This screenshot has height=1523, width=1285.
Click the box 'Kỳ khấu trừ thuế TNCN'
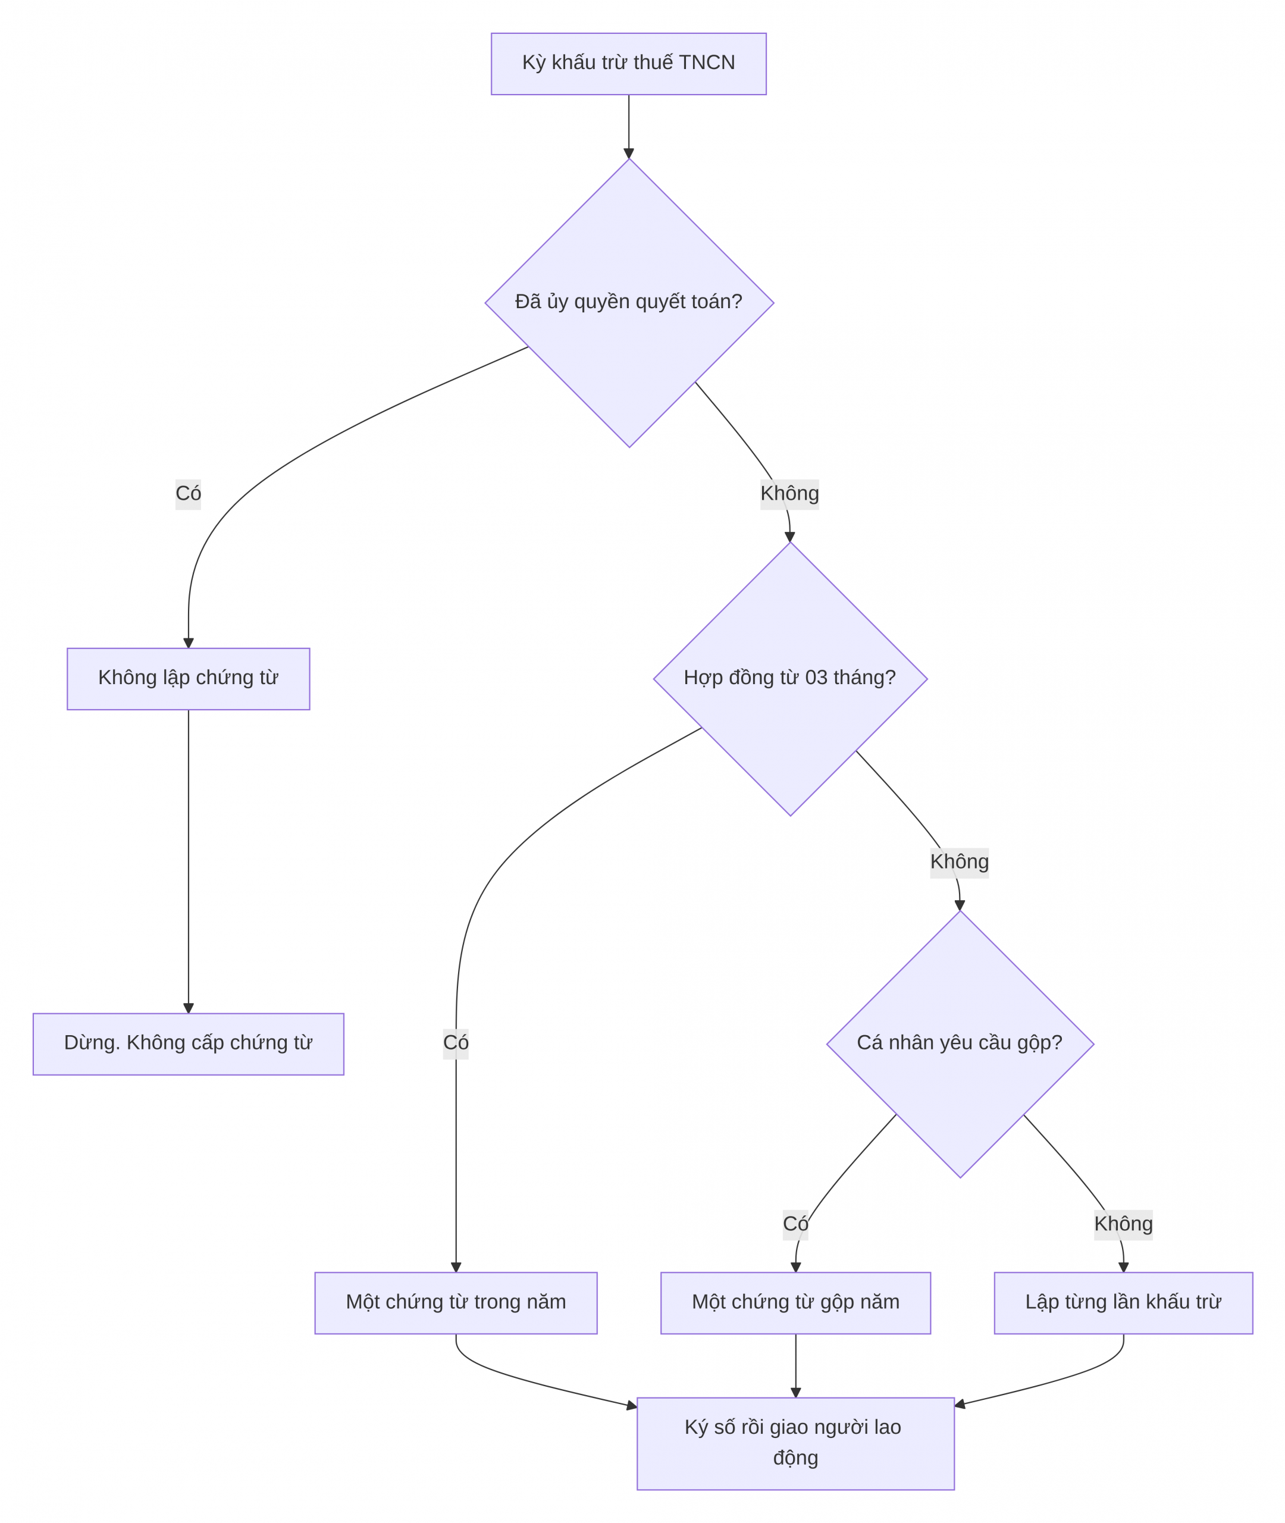(x=629, y=64)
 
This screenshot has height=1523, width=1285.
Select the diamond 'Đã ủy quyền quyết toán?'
(x=629, y=303)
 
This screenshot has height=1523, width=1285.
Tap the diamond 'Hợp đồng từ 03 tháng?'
(x=791, y=679)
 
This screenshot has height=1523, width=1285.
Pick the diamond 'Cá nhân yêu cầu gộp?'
(x=960, y=1043)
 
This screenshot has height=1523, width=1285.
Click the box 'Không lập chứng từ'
(x=189, y=679)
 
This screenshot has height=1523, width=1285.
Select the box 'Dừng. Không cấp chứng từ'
(x=189, y=1043)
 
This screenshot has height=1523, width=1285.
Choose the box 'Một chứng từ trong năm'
(x=456, y=1303)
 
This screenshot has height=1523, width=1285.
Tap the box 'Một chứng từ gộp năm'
(x=795, y=1303)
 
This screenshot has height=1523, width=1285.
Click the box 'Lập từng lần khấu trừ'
(x=1123, y=1303)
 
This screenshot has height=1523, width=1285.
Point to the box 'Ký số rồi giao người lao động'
(x=795, y=1444)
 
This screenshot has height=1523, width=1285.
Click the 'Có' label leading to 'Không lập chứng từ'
(x=188, y=494)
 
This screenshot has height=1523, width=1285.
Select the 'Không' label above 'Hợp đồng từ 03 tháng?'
(x=789, y=494)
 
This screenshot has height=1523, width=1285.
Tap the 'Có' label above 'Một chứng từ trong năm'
(x=456, y=1043)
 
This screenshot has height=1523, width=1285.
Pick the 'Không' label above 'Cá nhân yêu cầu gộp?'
(x=960, y=863)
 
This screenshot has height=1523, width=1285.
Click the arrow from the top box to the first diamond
(x=629, y=127)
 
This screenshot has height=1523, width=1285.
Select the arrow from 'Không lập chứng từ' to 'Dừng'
(x=189, y=861)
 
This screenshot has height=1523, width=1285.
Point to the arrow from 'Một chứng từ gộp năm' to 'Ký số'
(x=795, y=1366)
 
